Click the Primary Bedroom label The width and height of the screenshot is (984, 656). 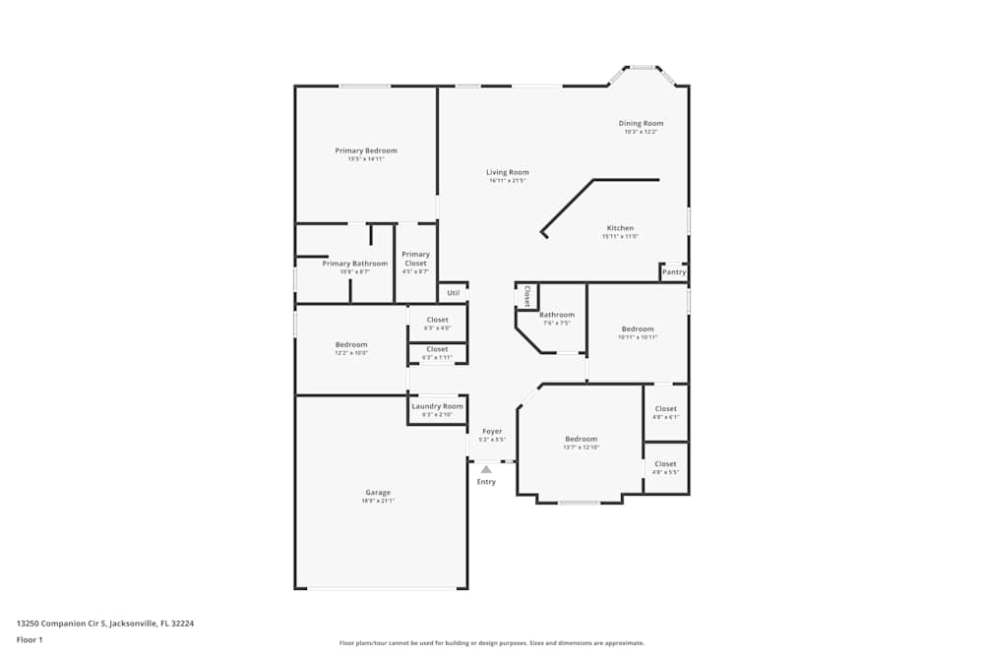point(366,150)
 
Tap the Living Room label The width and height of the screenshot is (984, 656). point(508,172)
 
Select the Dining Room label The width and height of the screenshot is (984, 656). point(641,124)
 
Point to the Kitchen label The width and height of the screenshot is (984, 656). point(620,228)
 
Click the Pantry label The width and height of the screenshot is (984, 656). point(674,272)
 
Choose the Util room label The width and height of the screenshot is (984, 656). point(454,292)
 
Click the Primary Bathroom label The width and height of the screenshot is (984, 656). point(355,264)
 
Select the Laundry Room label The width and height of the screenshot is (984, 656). point(437,406)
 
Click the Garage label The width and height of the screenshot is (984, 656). point(378,493)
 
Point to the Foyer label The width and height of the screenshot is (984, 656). point(492,431)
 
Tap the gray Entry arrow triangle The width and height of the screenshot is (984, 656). point(486,470)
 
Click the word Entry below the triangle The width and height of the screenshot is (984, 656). point(486,482)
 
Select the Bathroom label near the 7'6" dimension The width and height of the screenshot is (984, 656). point(557,315)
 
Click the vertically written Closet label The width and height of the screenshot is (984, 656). point(526,296)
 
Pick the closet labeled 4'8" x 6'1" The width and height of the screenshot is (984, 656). point(665,409)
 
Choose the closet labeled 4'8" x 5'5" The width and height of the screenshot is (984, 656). point(665,464)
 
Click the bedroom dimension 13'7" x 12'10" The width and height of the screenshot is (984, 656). point(581,447)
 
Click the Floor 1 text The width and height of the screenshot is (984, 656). point(30,639)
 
